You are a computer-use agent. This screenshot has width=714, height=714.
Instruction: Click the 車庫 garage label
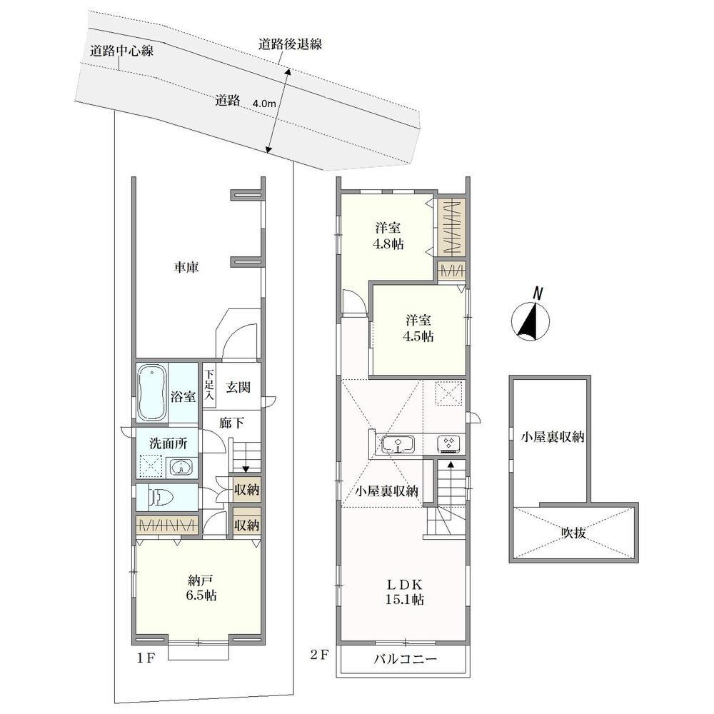[186, 267]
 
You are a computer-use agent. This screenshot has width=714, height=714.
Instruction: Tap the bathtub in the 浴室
[151, 392]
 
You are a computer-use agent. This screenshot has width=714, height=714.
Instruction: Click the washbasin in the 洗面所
[181, 466]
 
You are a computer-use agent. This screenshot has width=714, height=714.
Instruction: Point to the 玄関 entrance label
[238, 388]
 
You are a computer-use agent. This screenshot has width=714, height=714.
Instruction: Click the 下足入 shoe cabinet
[209, 386]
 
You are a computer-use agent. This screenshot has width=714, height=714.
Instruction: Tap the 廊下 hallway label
[231, 423]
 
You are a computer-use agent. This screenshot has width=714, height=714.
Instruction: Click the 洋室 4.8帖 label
[388, 236]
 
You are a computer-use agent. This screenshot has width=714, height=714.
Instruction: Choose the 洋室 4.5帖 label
[418, 328]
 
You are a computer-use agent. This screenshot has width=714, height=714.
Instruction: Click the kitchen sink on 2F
[398, 443]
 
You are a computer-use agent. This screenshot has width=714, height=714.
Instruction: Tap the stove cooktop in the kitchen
[448, 443]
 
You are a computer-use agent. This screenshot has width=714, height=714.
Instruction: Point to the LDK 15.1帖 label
[405, 592]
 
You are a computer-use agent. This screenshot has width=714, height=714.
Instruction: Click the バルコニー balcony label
[406, 659]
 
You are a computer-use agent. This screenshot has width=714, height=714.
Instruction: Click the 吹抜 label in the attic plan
[573, 533]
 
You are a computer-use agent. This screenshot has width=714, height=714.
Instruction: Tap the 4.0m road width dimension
[264, 104]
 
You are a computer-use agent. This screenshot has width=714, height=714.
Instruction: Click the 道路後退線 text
[291, 44]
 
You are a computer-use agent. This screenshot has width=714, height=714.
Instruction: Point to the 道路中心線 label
[121, 51]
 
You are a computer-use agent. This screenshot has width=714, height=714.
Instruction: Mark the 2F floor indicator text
[319, 655]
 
